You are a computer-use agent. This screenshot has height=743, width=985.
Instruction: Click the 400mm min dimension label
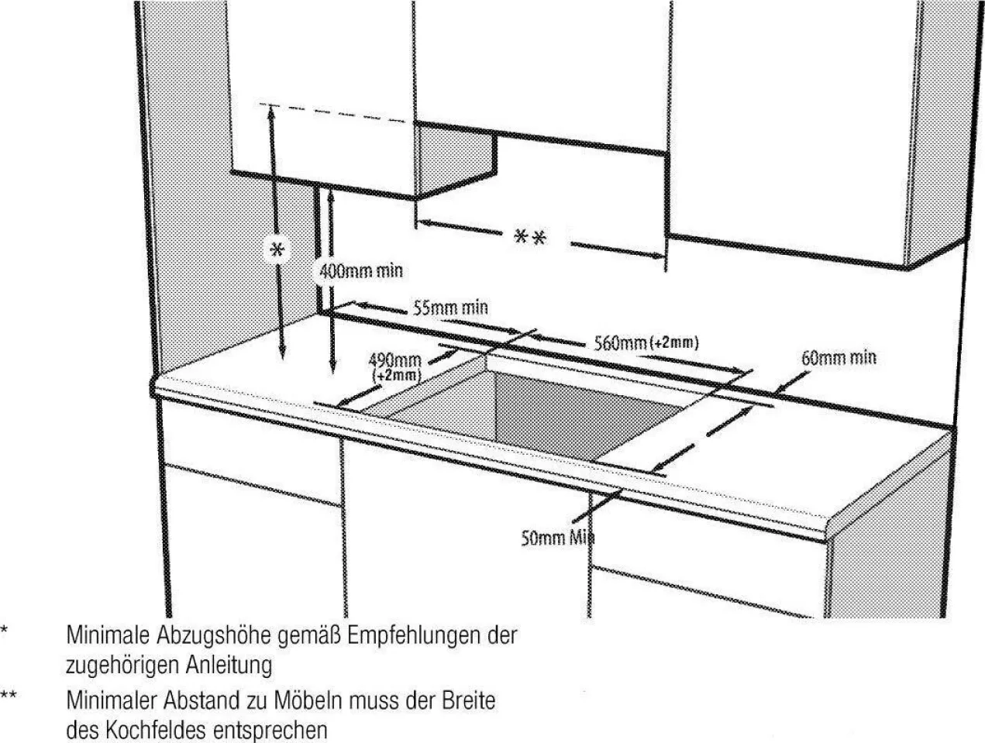pos(361,271)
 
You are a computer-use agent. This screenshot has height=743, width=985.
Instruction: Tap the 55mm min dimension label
pos(450,308)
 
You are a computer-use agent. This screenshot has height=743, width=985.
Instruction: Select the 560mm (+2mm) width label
pos(646,343)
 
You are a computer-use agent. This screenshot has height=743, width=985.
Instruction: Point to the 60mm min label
pos(839,358)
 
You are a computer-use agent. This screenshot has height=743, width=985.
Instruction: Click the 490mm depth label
pos(395,360)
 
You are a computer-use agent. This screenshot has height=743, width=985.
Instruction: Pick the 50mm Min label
pos(557,538)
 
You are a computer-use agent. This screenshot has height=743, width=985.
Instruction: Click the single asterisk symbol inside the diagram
pos(278,249)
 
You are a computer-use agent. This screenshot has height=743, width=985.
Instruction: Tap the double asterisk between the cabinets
pos(530,237)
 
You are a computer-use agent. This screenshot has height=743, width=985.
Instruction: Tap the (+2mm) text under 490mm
pos(396,375)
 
